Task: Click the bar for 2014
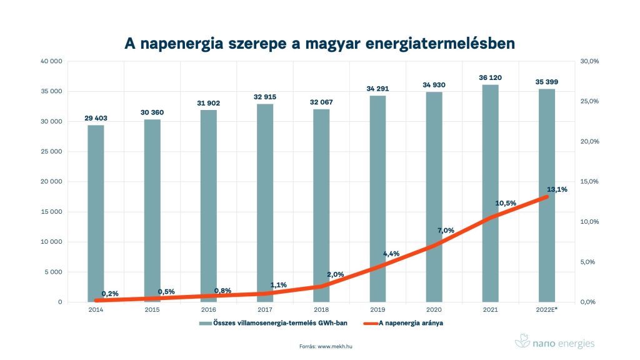(96, 212)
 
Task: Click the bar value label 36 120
(491, 77)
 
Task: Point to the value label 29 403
(96, 118)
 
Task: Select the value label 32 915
(265, 97)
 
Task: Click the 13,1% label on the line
(556, 189)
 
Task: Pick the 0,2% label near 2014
(109, 294)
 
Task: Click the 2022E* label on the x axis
(547, 309)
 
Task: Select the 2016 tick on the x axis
(209, 309)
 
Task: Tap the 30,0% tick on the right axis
(590, 61)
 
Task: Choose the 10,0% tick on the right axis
(590, 222)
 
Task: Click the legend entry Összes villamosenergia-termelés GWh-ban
(279, 323)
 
